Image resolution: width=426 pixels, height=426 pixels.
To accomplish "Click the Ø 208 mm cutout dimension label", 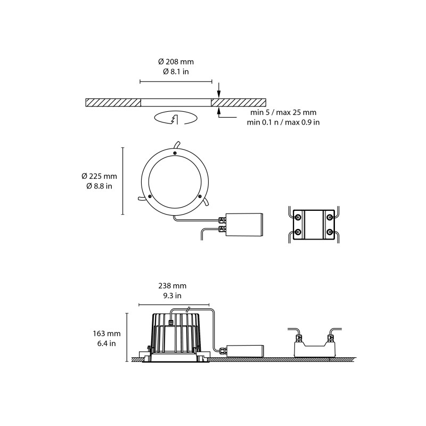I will tap(175, 62).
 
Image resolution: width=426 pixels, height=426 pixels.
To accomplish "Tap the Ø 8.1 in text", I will tap(175, 72).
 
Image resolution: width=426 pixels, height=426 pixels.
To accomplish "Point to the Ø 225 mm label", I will tap(99, 176).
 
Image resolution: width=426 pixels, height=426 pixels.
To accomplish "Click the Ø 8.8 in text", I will tap(99, 186).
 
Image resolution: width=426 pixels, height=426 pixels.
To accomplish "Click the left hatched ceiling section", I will tap(113, 102).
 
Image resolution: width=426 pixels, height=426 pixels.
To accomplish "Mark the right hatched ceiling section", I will tap(239, 102).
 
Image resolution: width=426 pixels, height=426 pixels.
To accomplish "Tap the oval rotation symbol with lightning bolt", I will tap(175, 118).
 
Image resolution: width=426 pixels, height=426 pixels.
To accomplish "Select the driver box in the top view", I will tap(244, 225).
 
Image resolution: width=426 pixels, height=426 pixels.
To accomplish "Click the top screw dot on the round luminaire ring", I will tap(174, 153).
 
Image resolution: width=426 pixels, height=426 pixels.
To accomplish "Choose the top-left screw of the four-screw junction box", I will tap(298, 217).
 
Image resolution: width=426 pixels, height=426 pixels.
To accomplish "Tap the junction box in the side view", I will tap(314, 349).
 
